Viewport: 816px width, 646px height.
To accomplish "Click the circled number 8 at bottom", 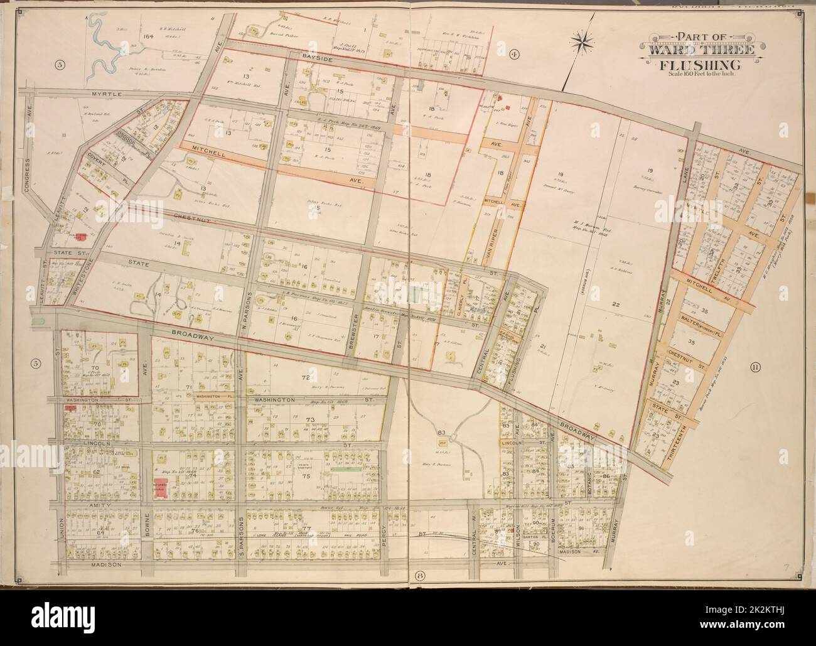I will tap(417, 576).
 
